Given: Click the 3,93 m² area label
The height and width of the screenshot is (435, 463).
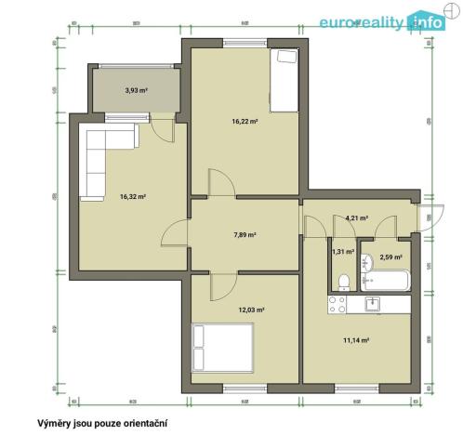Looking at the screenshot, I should pyautogui.click(x=138, y=90).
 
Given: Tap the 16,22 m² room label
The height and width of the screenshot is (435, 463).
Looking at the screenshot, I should pyautogui.click(x=245, y=121).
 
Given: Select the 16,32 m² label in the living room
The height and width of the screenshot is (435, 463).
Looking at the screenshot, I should pyautogui.click(x=133, y=196).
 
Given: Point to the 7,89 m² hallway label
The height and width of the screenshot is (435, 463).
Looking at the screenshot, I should pyautogui.click(x=245, y=235).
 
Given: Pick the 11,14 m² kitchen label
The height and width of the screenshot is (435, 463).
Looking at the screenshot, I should pyautogui.click(x=357, y=340).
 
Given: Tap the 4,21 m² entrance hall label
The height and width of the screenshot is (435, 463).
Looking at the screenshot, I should pyautogui.click(x=356, y=217).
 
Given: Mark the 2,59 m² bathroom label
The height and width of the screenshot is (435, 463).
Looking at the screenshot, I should pyautogui.click(x=390, y=257).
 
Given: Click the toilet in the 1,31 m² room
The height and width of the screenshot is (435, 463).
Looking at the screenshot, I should pyautogui.click(x=343, y=281).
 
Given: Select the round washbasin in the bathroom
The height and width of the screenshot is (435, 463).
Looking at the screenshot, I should pyautogui.click(x=369, y=259).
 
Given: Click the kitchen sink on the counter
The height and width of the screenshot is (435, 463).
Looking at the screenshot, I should pyautogui.click(x=371, y=302).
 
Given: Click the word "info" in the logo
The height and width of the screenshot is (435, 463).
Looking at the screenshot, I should pyautogui.click(x=428, y=22).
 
